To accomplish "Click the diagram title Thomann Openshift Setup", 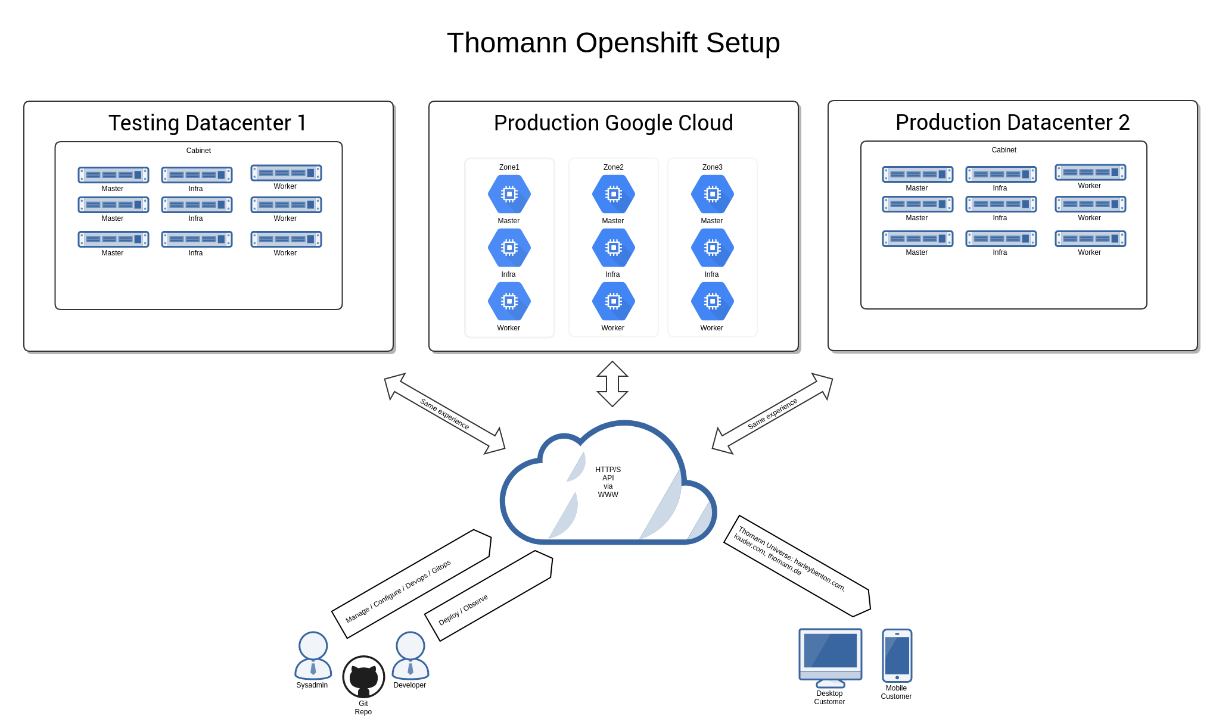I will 613,43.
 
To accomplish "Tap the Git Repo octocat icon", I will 363,677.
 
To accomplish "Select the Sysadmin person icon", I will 313,655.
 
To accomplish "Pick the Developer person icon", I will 410,655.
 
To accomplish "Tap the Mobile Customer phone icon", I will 897,655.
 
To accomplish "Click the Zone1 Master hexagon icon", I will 509,194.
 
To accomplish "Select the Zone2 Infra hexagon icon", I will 613,248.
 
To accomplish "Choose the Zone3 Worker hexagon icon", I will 712,301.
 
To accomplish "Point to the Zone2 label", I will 613,167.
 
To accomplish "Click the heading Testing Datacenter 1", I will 207,123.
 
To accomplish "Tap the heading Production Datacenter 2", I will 1012,123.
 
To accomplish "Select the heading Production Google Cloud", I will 613,123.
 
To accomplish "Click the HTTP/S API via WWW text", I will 608,482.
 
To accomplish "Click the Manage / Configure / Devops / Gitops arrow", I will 411,583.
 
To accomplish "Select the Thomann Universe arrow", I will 797,565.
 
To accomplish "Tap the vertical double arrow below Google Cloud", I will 612,384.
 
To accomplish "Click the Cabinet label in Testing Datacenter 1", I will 198,151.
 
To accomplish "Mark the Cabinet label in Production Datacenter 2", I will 1004,150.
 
